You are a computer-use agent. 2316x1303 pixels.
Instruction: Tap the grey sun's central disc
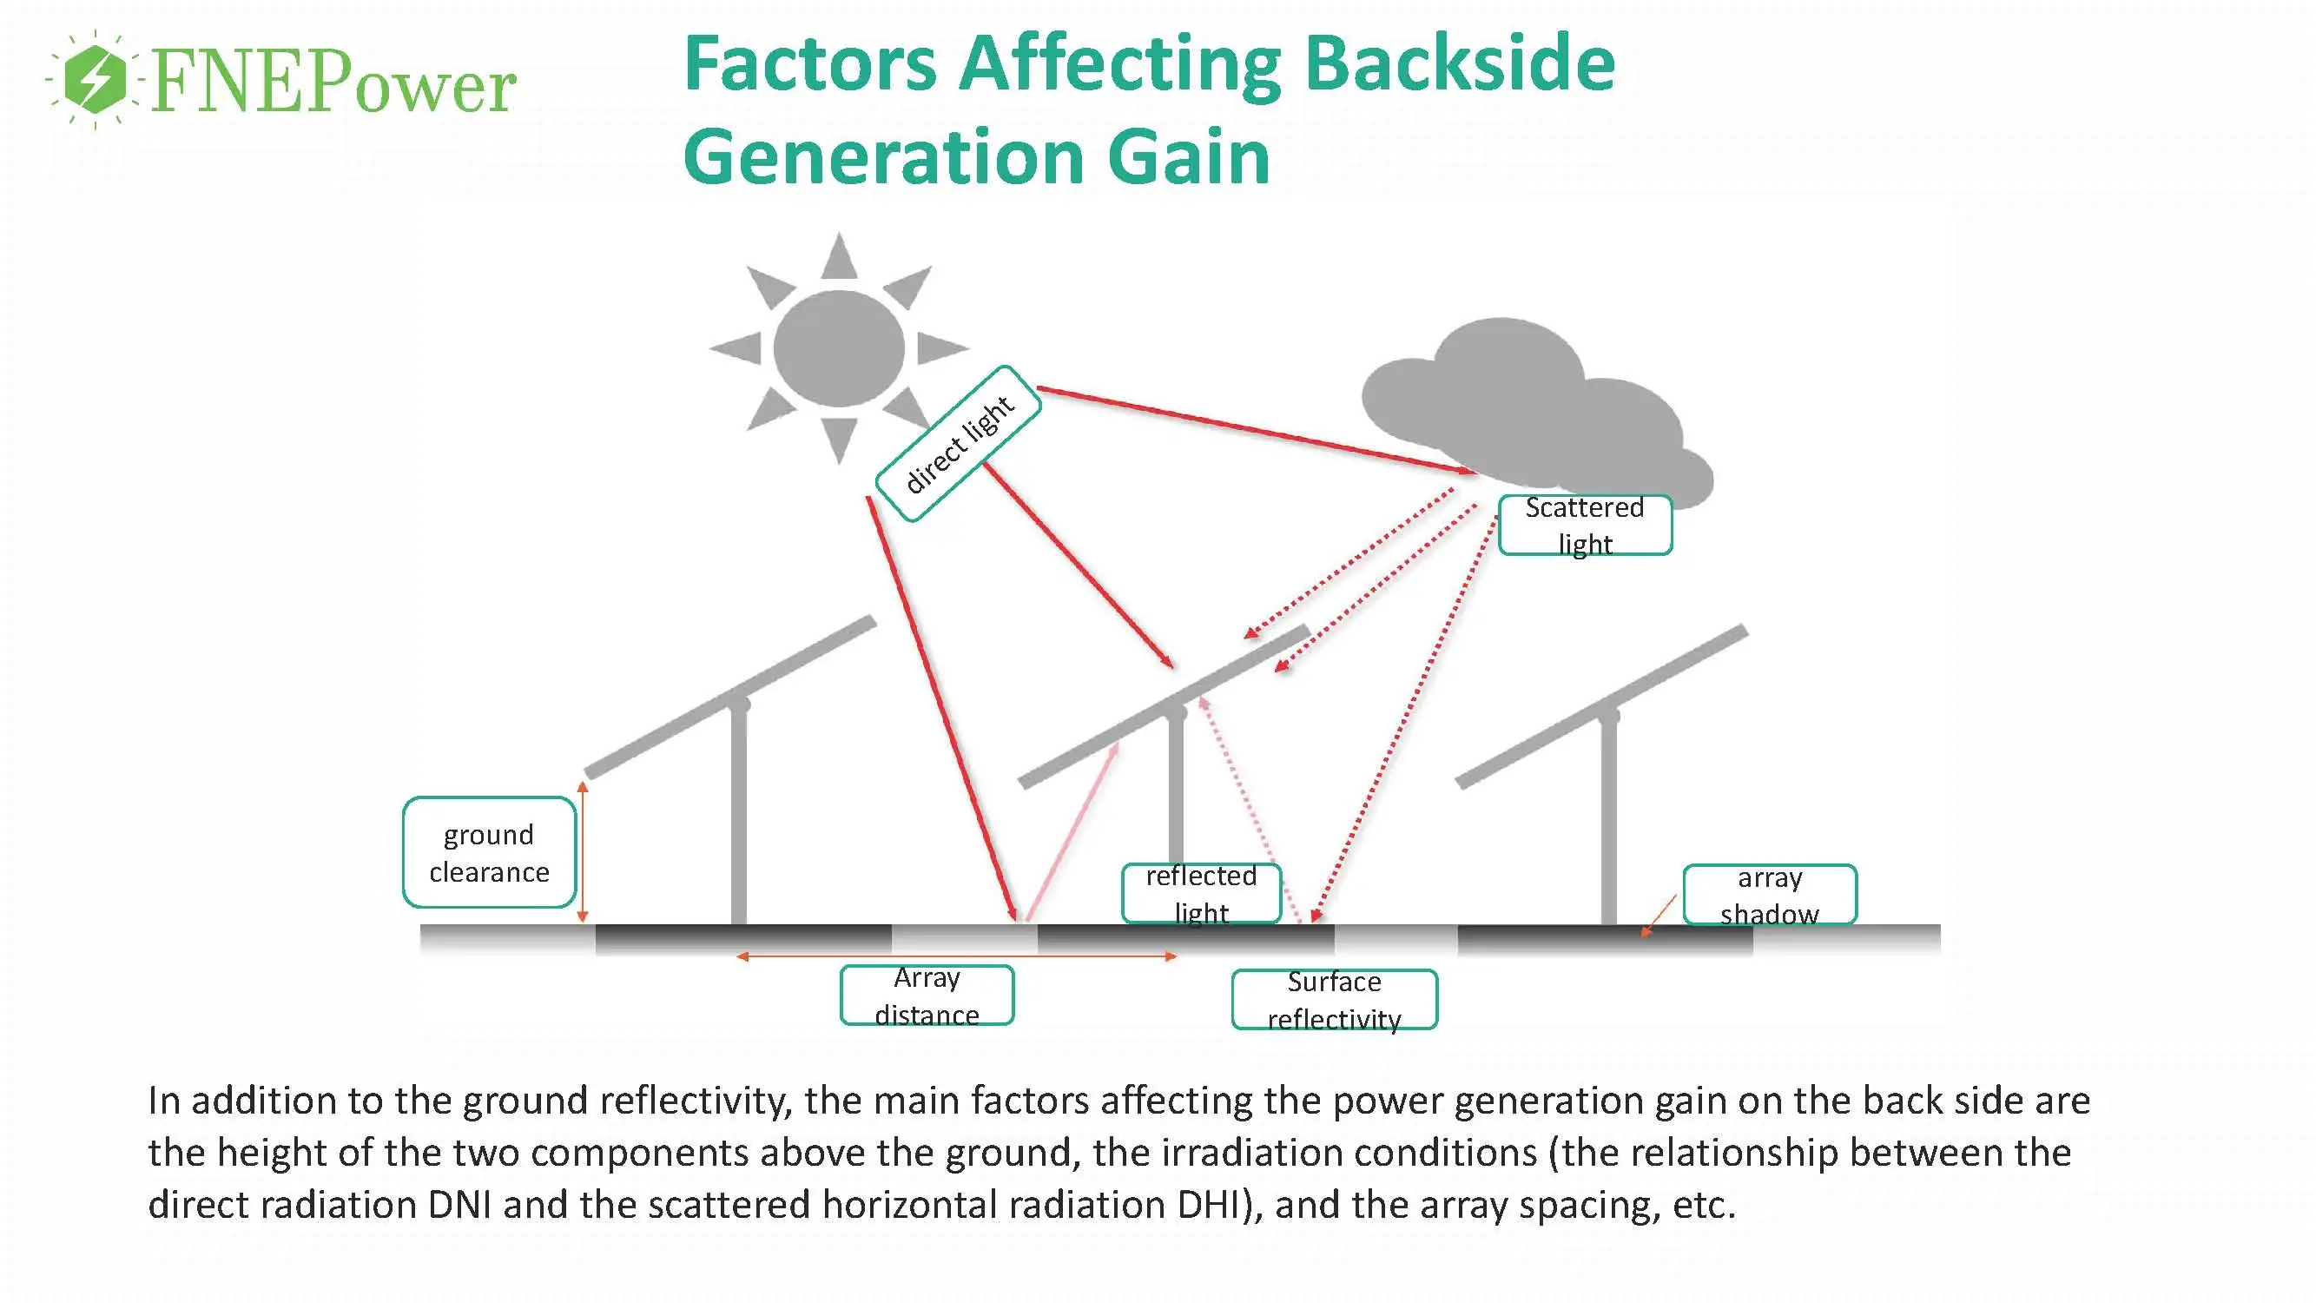pos(839,348)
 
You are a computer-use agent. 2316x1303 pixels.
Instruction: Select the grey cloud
pos(1528,405)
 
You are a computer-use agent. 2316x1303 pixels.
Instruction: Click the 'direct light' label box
pos(959,443)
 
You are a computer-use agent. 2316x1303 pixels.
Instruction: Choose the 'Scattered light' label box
pos(1584,526)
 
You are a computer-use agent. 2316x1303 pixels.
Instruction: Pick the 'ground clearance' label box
pos(489,852)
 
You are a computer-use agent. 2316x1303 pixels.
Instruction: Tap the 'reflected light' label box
pos(1201,893)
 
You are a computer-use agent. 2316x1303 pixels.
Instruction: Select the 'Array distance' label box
pos(927,995)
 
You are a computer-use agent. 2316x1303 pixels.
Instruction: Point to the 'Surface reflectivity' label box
pos(1334,999)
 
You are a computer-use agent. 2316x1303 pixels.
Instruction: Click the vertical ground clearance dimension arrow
pos(583,851)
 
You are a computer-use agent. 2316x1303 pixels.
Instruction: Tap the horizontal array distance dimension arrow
pos(957,956)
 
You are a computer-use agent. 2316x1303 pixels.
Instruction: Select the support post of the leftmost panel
pos(739,818)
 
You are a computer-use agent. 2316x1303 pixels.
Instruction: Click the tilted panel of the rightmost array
pos(1600,707)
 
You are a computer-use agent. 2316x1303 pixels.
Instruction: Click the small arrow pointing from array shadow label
pos(1659,916)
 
